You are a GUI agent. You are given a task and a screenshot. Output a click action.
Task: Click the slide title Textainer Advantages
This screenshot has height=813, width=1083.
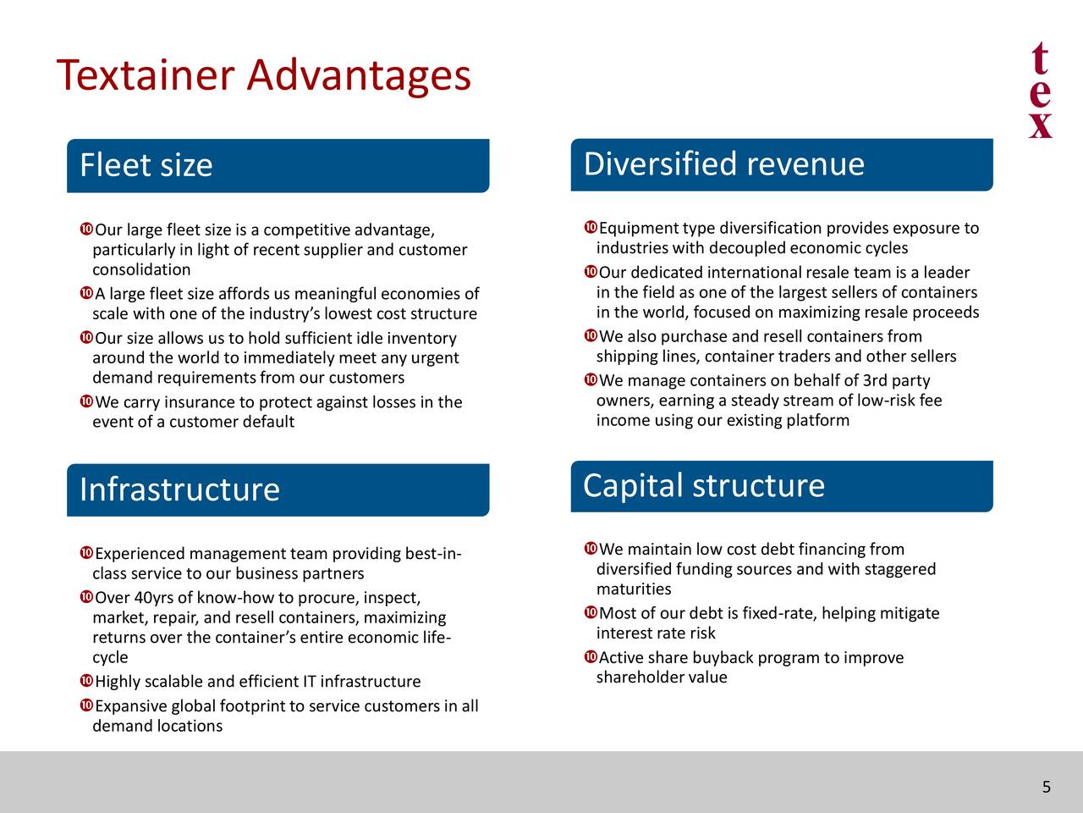(263, 75)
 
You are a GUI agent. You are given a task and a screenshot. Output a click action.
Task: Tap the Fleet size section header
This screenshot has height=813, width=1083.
(146, 165)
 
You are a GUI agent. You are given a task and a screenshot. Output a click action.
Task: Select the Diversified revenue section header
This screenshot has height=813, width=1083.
(723, 163)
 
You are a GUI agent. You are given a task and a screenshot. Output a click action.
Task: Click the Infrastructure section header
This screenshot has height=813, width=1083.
(179, 489)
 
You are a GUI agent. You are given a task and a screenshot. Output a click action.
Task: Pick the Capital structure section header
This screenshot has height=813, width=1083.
(703, 486)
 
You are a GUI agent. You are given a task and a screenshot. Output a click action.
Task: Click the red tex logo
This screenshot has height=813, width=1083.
(1041, 91)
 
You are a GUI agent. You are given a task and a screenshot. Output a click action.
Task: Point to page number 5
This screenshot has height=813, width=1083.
(1046, 788)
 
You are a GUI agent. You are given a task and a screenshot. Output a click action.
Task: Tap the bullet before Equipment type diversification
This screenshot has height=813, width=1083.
(590, 228)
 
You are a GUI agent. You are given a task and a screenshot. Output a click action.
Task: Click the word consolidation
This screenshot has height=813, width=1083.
(141, 270)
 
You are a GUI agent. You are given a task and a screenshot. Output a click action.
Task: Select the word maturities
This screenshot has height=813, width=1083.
(634, 589)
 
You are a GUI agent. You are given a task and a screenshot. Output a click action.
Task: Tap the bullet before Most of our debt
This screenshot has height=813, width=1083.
(590, 612)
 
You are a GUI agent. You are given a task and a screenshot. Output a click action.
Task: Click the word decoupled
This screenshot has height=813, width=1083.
(747, 248)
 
